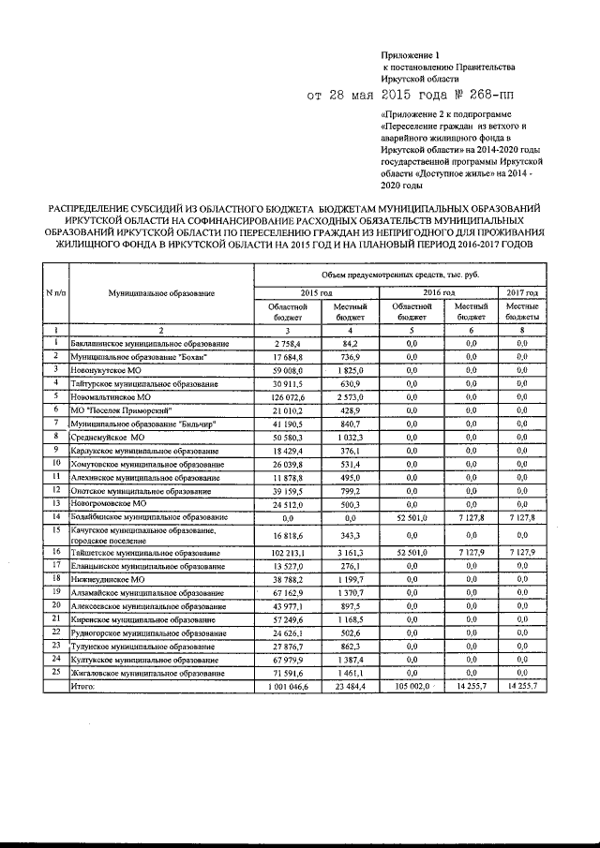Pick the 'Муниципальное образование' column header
tap(160, 293)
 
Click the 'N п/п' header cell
tap(54, 293)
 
